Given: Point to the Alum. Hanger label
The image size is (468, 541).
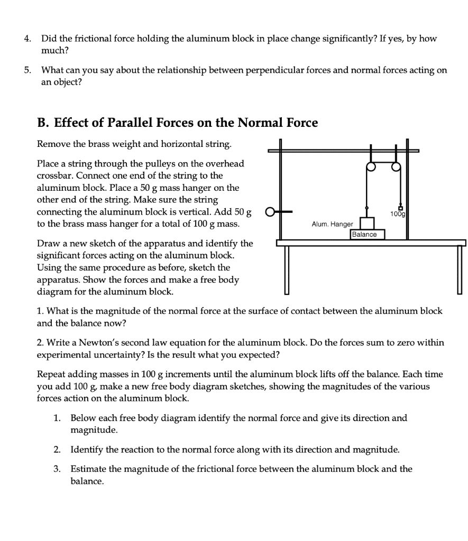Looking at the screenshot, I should tap(332, 225).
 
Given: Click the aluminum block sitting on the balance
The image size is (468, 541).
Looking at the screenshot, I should tap(367, 223).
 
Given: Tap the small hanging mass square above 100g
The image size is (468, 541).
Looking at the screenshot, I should tap(400, 207).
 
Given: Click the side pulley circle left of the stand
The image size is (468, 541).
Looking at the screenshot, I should tap(270, 214).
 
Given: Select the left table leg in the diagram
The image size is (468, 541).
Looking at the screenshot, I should tap(287, 270).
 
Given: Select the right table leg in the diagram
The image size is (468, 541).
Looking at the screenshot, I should tap(459, 270).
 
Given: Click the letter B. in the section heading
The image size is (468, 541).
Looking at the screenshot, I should tap(43, 123).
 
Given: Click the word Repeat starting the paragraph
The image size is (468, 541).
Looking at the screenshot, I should tap(51, 375).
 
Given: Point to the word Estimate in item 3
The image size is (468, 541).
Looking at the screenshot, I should tap(88, 469).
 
